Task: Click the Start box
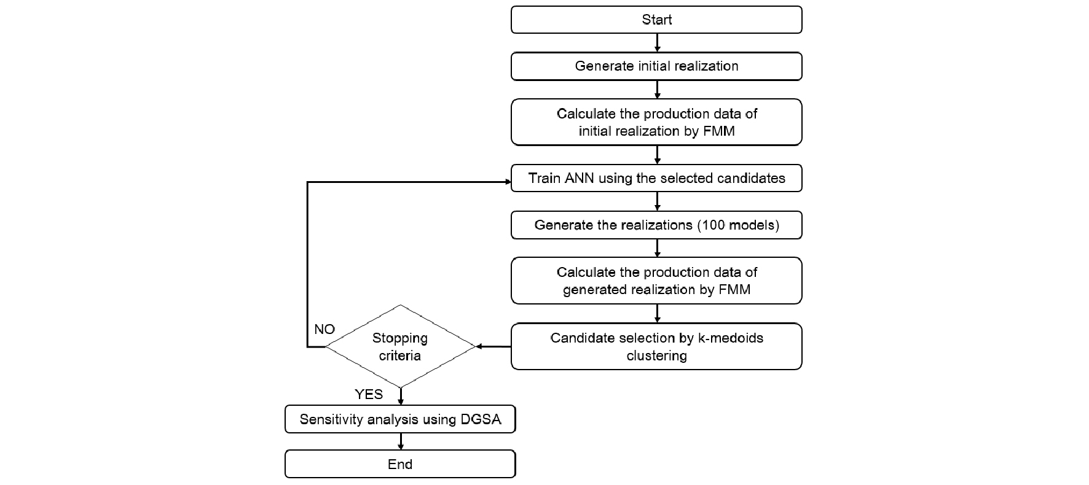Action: (x=656, y=20)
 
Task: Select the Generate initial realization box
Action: (x=656, y=66)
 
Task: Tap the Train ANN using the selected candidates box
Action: (x=656, y=178)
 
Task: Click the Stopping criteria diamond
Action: (x=400, y=346)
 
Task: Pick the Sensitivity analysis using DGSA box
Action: (x=400, y=419)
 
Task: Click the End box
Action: (x=400, y=464)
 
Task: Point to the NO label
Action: (x=324, y=329)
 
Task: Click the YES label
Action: (x=369, y=394)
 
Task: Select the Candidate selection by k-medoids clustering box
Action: (x=656, y=346)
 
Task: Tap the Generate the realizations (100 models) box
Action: (x=656, y=225)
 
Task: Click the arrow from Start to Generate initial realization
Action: (x=658, y=43)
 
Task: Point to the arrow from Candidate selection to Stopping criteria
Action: (x=493, y=347)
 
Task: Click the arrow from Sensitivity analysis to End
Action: (x=401, y=441)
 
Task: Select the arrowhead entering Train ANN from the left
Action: (x=508, y=182)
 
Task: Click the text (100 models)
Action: (x=738, y=225)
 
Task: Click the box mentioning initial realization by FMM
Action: (x=656, y=122)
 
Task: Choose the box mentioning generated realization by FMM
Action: (x=656, y=281)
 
